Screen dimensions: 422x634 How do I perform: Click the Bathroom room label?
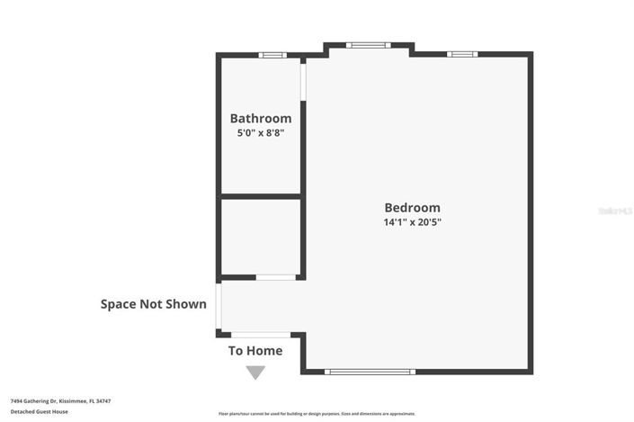tap(260, 118)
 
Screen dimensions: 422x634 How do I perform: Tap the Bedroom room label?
tap(412, 207)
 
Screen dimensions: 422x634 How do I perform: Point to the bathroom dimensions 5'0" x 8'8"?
tap(260, 133)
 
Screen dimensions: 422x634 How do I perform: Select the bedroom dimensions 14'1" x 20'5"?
tap(412, 222)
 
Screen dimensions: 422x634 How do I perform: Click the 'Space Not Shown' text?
tap(153, 304)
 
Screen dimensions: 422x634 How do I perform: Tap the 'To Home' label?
tap(255, 351)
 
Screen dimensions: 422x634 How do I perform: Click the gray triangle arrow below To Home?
tap(255, 372)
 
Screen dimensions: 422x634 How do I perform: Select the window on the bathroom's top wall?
tap(272, 55)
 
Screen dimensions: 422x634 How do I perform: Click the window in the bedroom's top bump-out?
tap(367, 44)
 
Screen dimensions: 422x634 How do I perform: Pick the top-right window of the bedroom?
tap(462, 54)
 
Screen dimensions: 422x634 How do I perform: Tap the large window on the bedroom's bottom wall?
tap(369, 371)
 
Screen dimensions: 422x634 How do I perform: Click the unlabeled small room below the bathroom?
tap(260, 236)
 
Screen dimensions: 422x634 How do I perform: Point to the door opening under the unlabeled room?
tap(275, 277)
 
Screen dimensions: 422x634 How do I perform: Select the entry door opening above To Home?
tap(261, 336)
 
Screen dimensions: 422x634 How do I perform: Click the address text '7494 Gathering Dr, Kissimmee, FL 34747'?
tap(60, 401)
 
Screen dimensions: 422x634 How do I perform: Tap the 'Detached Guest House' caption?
tap(40, 411)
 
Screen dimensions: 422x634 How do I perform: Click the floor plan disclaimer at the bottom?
tap(317, 414)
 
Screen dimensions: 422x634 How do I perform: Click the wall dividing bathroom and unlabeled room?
tap(260, 196)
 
